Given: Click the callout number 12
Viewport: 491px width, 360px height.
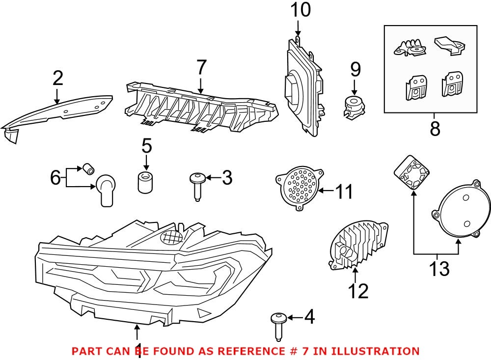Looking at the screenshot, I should point(358,291).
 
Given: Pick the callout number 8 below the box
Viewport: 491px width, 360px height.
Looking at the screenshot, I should point(435,129).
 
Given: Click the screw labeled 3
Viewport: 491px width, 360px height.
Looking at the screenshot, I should point(197,185).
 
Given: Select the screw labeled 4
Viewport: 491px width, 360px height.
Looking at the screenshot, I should point(278,325).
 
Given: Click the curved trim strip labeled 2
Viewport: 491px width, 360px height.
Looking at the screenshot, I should point(59,112).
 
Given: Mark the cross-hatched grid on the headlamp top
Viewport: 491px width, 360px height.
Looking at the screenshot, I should point(172,237).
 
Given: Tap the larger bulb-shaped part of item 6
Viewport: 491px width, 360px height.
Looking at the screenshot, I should point(106,189).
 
